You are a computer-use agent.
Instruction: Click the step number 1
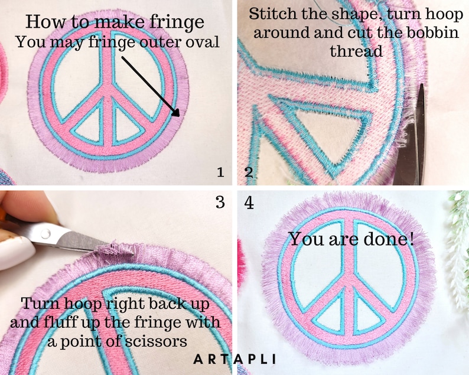(220, 172)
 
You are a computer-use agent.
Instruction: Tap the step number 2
(249, 172)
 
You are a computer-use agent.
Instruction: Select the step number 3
(220, 203)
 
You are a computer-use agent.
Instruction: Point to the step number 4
(249, 203)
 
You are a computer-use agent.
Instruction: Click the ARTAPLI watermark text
(234, 358)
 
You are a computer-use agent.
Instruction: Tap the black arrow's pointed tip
(179, 117)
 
